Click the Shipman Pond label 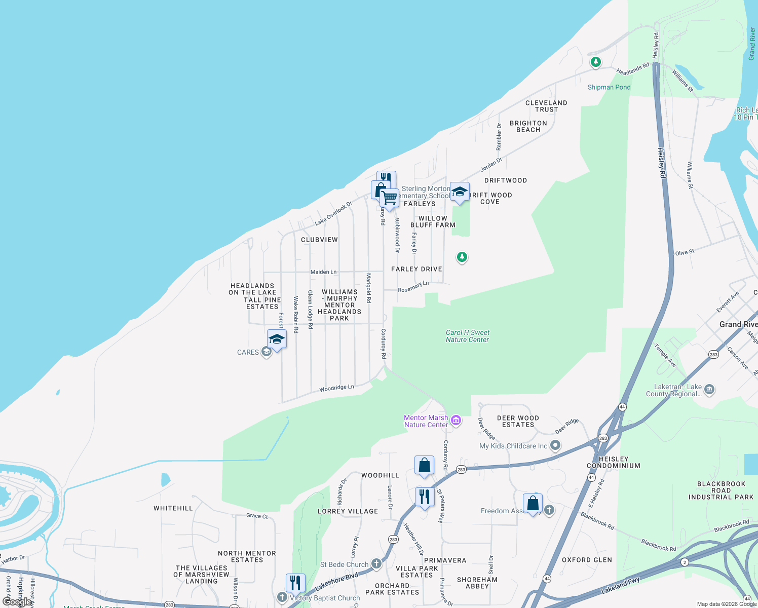pos(609,87)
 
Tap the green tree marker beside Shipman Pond pos(596,62)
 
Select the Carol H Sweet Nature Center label pos(468,336)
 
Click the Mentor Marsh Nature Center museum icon pos(456,420)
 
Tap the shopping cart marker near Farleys pos(389,198)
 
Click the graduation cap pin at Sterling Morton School pos(460,192)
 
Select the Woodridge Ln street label pos(336,388)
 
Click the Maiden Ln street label pos(323,272)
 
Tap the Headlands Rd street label pos(632,69)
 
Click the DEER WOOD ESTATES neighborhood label pos(518,421)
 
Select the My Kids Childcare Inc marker pos(556,445)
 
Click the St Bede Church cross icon pos(376,563)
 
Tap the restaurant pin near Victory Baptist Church pos(295,583)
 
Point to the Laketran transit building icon pos(709,390)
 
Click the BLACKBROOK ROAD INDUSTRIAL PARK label pos(721,490)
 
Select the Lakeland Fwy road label pos(620,586)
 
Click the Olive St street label pos(685,252)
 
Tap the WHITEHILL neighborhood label pos(173,508)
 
